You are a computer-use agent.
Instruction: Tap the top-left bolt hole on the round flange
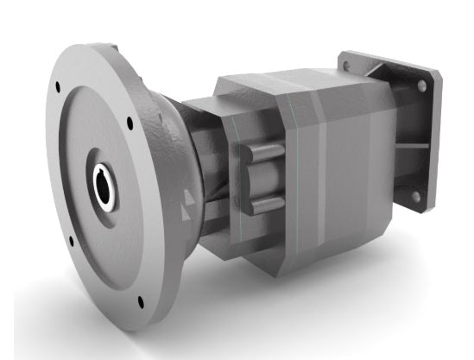(x=59, y=87)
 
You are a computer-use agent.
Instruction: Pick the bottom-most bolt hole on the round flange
(x=140, y=301)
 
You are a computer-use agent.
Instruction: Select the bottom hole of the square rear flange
(x=414, y=197)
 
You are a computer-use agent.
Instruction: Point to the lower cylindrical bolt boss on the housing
(x=263, y=205)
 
